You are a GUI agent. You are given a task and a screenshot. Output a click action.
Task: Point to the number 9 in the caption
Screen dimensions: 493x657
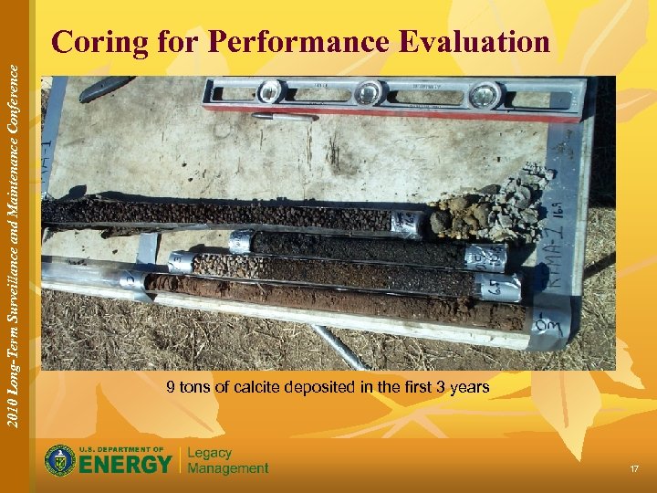click(x=171, y=387)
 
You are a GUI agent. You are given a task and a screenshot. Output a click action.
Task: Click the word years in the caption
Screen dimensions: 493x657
click(x=469, y=387)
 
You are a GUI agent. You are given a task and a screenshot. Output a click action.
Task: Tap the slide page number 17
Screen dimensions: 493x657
click(x=634, y=468)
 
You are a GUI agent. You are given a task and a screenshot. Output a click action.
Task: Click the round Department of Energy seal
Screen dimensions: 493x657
click(x=60, y=460)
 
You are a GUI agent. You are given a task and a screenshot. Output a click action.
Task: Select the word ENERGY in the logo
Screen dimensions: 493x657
click(x=126, y=465)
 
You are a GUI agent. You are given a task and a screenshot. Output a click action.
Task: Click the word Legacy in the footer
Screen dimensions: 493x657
click(x=210, y=453)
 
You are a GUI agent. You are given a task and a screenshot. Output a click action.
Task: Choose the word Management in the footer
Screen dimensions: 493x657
click(x=228, y=468)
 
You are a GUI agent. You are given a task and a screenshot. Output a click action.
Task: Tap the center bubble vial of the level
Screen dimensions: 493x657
click(x=368, y=91)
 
